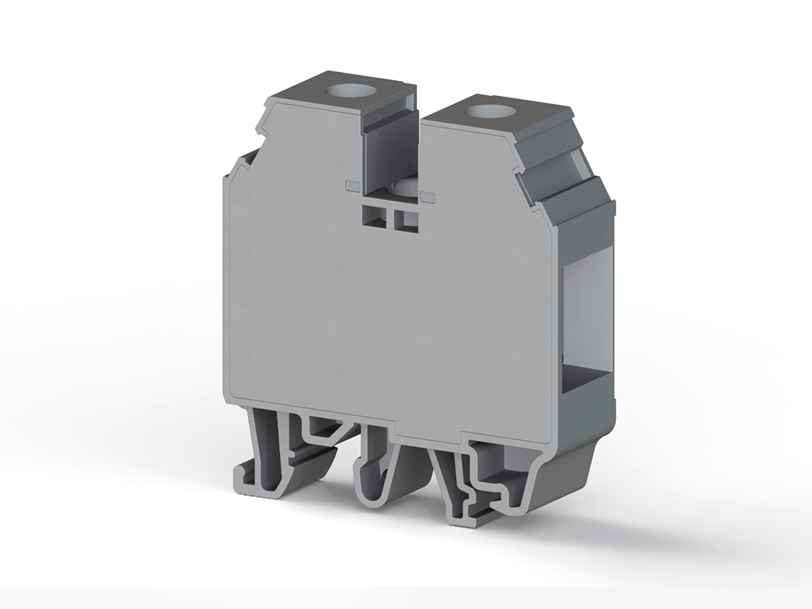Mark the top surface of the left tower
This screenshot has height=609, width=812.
click(341, 87)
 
